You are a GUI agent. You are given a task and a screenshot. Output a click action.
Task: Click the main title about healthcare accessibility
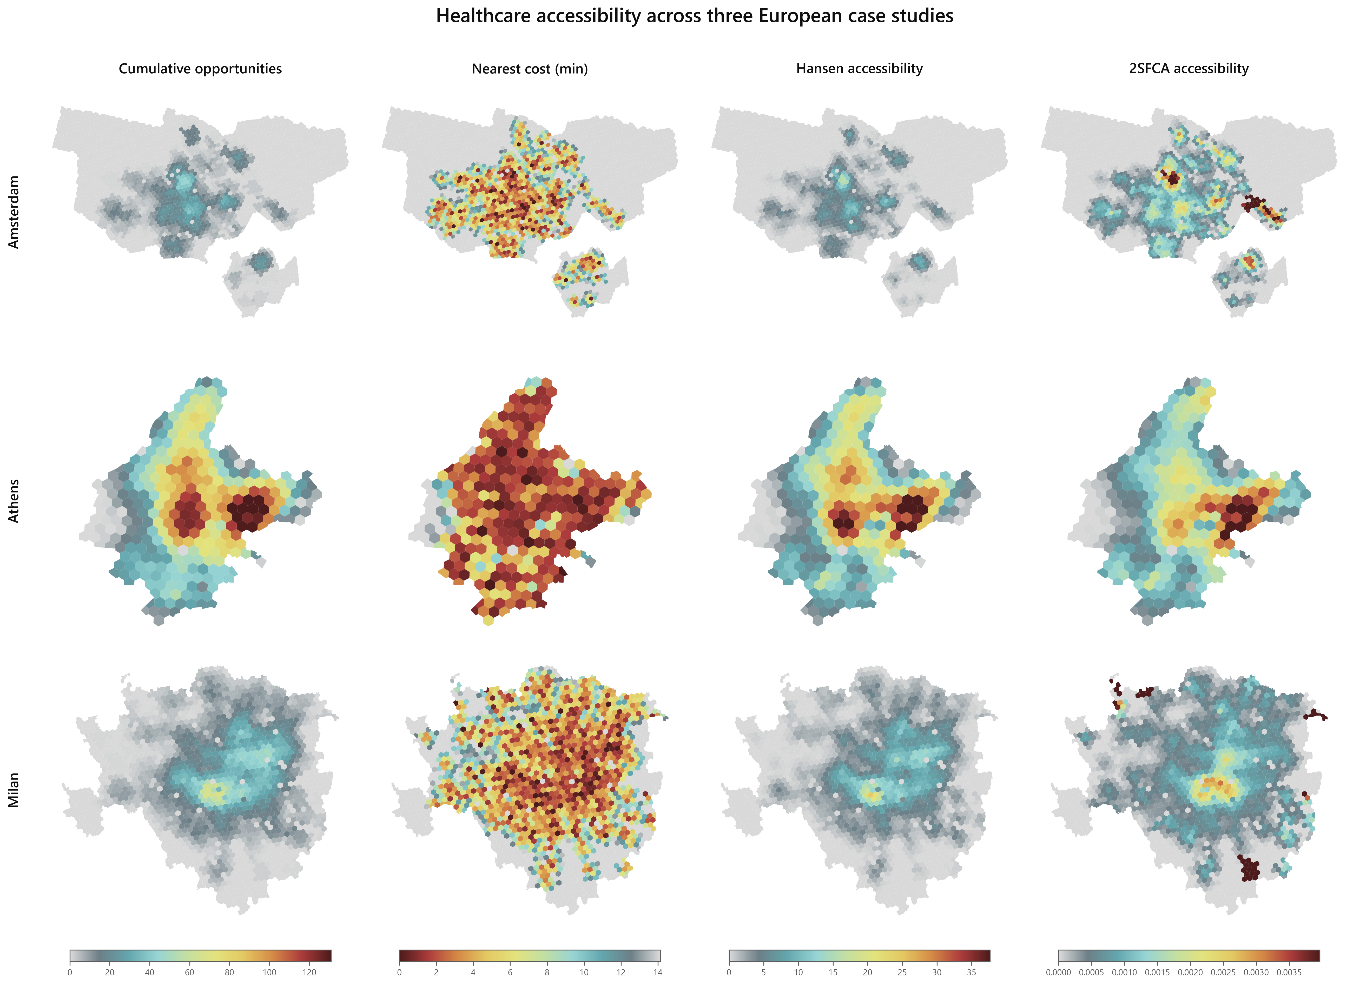(x=694, y=16)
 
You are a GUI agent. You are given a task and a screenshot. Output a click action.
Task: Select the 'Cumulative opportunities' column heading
(x=200, y=69)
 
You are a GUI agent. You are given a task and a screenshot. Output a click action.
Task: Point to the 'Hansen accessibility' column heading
(x=859, y=69)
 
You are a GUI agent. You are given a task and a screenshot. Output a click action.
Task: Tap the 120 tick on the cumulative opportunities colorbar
(x=309, y=973)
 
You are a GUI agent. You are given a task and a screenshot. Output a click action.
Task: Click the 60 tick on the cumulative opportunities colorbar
(x=189, y=973)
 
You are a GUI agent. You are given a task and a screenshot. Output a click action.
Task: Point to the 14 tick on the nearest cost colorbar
(x=658, y=973)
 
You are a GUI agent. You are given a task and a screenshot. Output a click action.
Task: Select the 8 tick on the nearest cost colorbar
(x=547, y=973)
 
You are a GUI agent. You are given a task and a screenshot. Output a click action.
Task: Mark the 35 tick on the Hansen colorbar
(x=972, y=973)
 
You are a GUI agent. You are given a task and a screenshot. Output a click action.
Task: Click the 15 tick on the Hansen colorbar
(x=833, y=973)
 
